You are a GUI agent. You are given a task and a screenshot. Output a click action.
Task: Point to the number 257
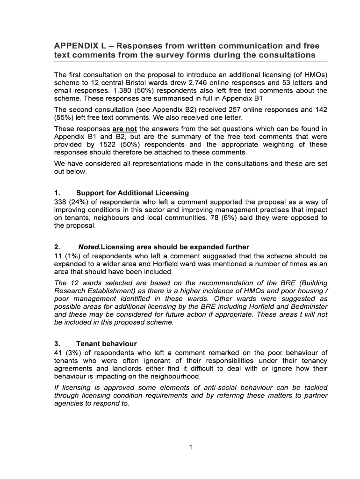coord(221,109)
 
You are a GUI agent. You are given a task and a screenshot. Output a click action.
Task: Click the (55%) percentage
coord(63,117)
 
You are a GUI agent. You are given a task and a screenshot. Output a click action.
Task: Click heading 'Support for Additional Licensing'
coord(132,193)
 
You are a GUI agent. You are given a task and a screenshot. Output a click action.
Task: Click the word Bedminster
coord(310,307)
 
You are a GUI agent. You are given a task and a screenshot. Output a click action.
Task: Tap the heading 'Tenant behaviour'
coord(106,344)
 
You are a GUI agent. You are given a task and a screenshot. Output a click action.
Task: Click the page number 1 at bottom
coord(191,447)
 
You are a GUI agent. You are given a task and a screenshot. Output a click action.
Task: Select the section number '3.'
coord(57,344)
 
